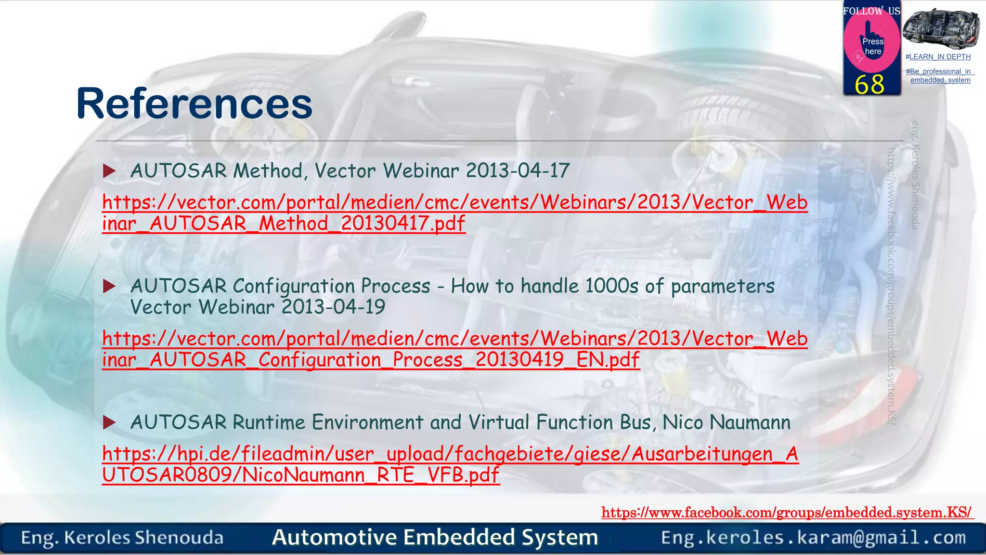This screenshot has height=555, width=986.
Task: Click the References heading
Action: [x=194, y=104]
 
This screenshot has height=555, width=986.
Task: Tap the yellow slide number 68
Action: [x=869, y=85]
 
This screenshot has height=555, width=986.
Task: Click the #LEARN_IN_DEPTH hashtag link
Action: [x=938, y=57]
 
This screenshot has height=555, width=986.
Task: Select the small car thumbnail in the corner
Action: [x=941, y=28]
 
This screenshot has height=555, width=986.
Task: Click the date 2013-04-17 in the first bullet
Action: [x=518, y=171]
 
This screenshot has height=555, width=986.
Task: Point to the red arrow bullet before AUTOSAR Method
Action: [x=110, y=171]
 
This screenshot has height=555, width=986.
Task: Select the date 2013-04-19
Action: [x=333, y=307]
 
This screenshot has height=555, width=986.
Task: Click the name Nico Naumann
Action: [x=726, y=423]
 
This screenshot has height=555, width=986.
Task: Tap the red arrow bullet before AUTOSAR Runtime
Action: [x=110, y=423]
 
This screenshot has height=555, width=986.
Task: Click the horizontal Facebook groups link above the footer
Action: [x=787, y=512]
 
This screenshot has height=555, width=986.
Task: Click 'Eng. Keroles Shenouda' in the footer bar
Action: [x=122, y=538]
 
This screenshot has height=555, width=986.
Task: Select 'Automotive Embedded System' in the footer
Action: [x=435, y=537]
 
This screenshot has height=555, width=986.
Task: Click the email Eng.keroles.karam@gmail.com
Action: [x=813, y=538]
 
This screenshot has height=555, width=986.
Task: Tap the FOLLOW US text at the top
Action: [x=871, y=11]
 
